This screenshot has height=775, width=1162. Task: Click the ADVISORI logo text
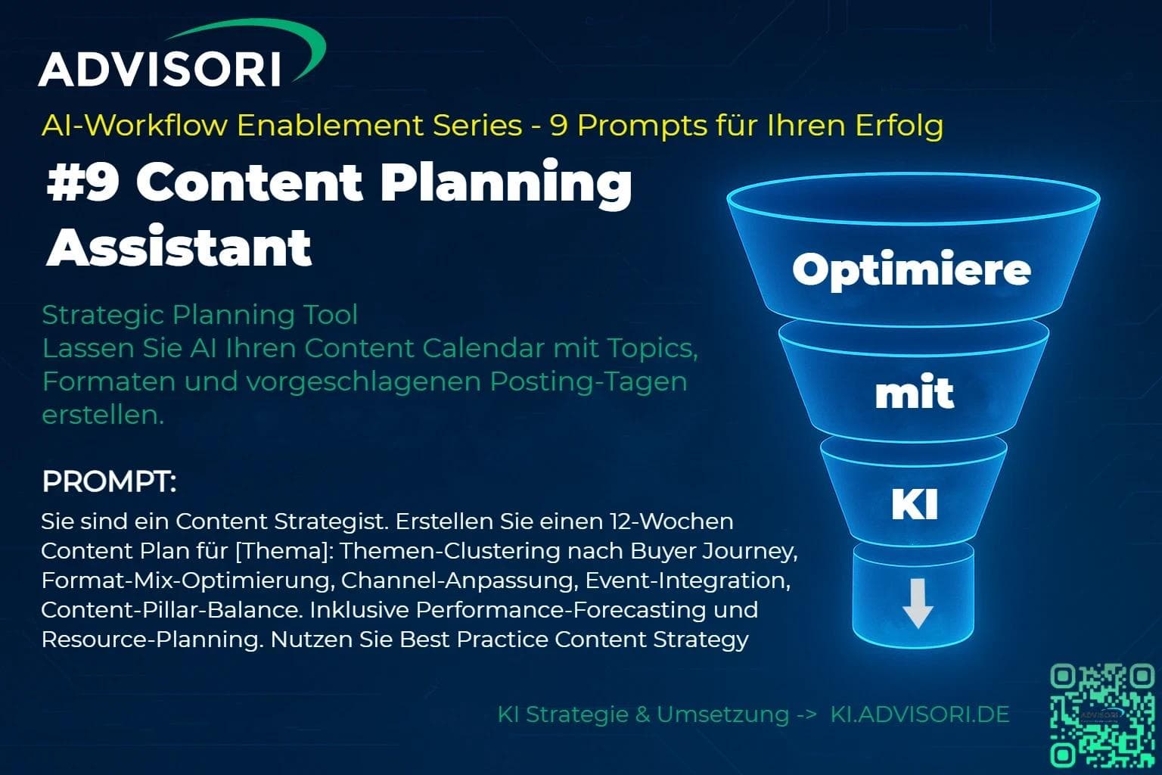click(160, 69)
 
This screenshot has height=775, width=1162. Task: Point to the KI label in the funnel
click(915, 503)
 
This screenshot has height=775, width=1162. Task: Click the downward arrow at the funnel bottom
click(918, 603)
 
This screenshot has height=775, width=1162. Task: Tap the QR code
click(1102, 715)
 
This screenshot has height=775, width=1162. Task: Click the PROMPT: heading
click(110, 481)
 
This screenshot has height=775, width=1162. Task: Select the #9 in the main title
click(83, 182)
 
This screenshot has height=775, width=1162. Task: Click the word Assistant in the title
click(179, 247)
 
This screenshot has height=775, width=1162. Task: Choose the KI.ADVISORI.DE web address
click(920, 714)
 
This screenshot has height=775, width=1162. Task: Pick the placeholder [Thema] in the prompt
click(284, 551)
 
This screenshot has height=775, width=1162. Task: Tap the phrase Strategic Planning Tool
click(200, 315)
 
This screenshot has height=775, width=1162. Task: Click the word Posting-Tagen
click(589, 382)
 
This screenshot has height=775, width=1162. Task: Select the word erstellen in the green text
click(103, 415)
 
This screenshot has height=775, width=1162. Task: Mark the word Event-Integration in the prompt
click(688, 580)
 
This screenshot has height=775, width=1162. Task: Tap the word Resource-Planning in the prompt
click(150, 640)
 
